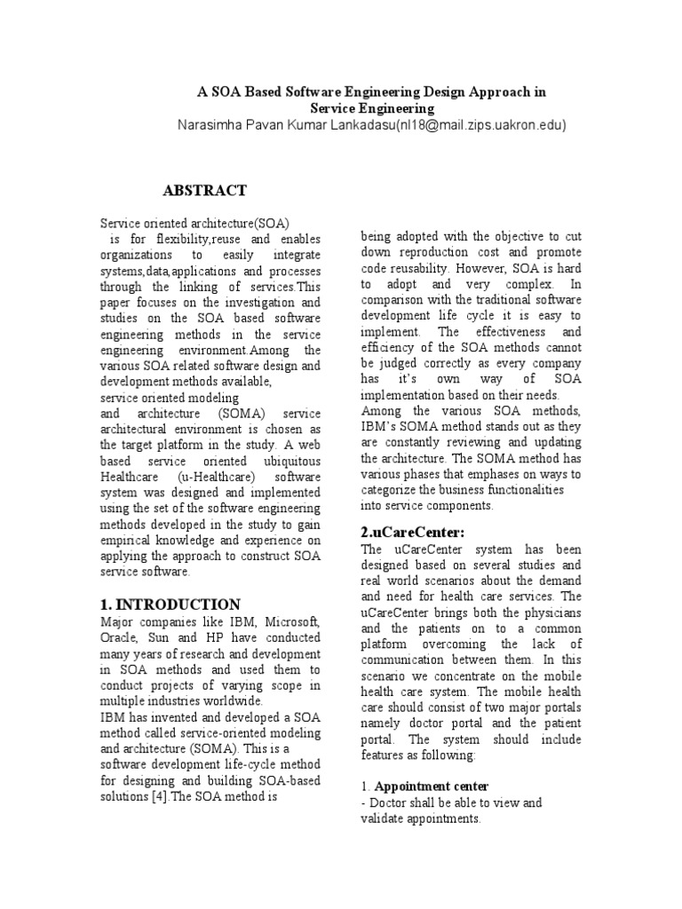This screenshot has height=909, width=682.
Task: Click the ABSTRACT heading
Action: (205, 191)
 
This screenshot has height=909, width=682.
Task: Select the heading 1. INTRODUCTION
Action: (170, 605)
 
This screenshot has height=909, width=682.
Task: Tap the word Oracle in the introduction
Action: (118, 637)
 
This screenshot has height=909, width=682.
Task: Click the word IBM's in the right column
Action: (382, 426)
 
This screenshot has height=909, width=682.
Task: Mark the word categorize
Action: (392, 490)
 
